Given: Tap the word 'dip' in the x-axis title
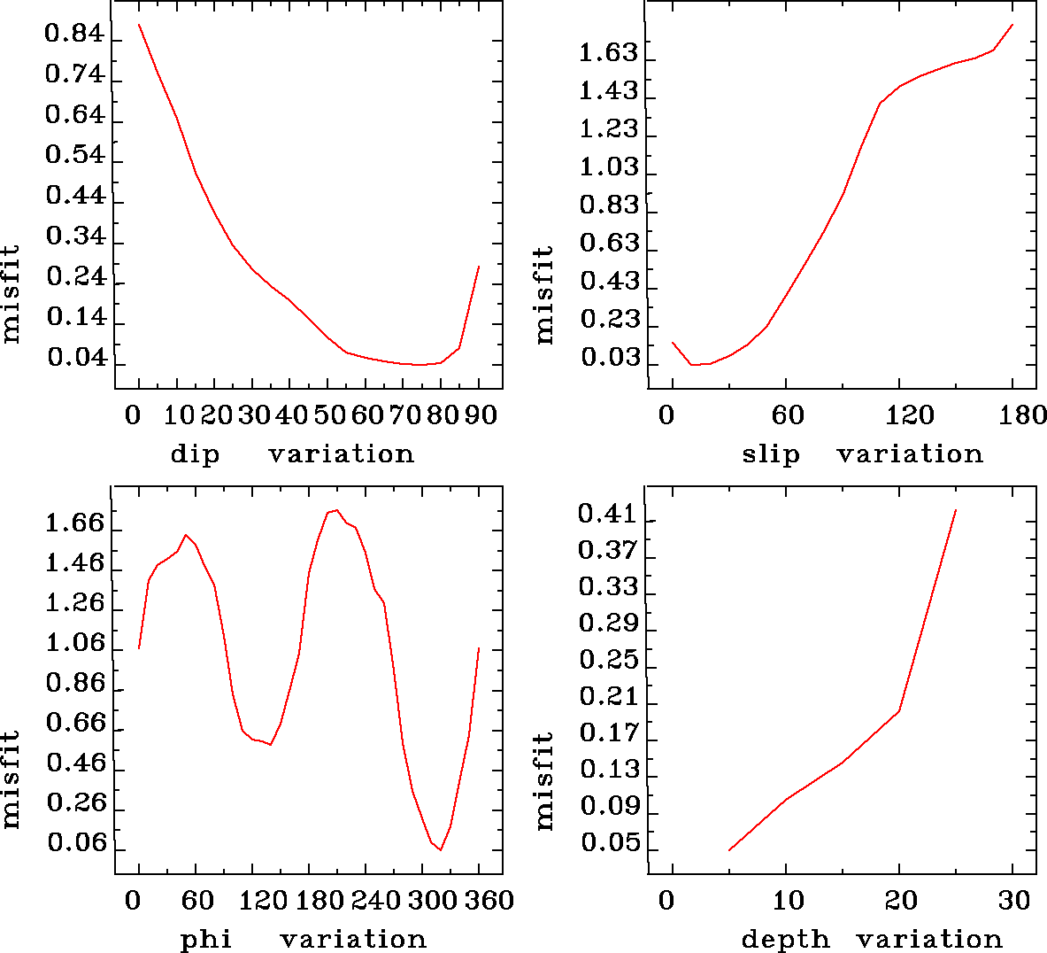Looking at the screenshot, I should tap(195, 454).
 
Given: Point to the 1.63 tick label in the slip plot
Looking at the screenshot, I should tap(608, 53).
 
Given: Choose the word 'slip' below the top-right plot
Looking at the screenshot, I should tap(770, 454).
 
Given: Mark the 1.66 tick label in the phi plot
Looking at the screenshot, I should tap(75, 523).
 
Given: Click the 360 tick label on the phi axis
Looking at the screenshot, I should tap(489, 901).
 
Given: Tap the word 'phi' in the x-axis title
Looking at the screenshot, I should tap(205, 939).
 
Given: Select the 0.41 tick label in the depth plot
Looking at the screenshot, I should tap(608, 514).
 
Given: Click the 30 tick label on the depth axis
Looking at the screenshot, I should tap(1014, 901).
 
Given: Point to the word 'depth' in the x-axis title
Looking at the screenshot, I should tap(785, 939).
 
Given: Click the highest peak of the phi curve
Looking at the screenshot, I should tap(336, 510).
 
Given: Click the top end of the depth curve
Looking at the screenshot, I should tap(956, 510).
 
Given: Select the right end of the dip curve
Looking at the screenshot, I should tap(479, 266).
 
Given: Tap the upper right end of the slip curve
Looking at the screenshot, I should tap(1012, 25).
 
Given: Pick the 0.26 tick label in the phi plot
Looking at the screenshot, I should tap(75, 803).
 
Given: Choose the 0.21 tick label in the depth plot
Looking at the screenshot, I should tap(608, 696).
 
